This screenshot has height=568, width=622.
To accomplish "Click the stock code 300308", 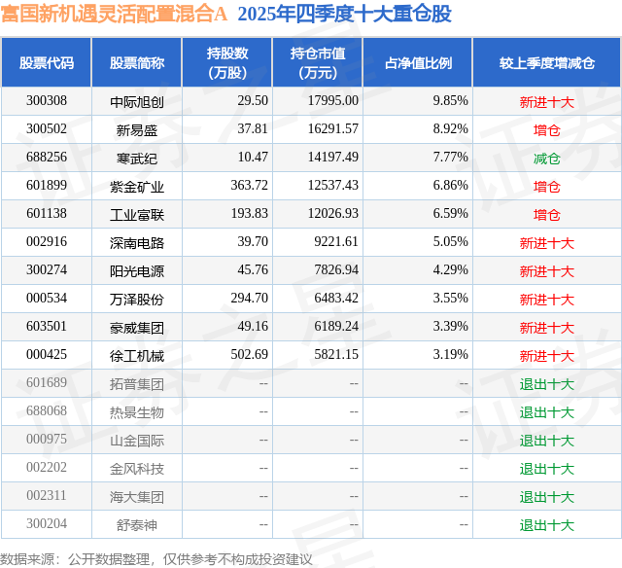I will [x=47, y=100].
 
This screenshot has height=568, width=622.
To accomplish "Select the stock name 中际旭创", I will [x=137, y=101].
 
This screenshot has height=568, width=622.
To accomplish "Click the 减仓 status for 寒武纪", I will [x=546, y=158].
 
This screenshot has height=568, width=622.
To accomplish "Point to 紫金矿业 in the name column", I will [x=137, y=186].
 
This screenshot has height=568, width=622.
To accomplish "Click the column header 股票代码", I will [x=47, y=62].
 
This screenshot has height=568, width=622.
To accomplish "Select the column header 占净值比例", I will [x=418, y=62].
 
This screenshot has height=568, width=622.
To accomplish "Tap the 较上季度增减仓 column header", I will [x=547, y=62].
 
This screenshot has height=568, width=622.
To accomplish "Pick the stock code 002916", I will [x=47, y=242].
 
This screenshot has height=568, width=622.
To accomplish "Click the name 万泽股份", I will [x=137, y=299].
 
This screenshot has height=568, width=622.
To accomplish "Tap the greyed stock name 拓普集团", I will [x=137, y=383].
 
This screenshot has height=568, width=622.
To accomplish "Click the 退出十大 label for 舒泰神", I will [x=546, y=525].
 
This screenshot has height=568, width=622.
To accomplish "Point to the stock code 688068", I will [x=47, y=411].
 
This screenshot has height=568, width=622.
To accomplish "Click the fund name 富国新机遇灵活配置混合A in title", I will [x=114, y=14].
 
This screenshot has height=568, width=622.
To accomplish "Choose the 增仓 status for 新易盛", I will [x=546, y=129].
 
